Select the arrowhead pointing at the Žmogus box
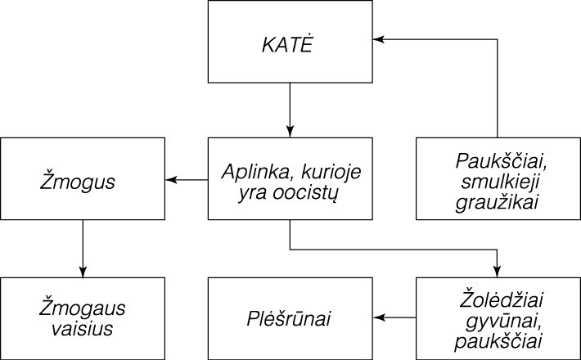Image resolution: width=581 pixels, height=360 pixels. pos(172,179)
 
